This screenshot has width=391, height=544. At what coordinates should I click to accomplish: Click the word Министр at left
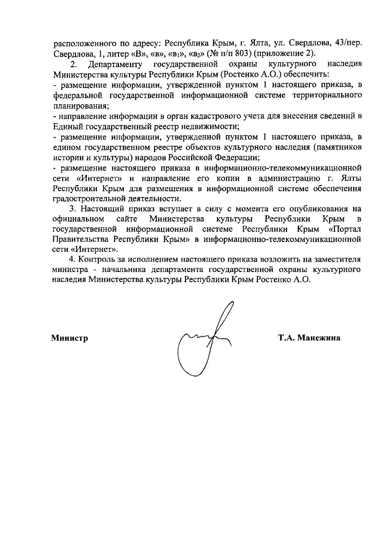click(69, 338)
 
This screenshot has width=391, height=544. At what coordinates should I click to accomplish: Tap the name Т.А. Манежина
click(309, 338)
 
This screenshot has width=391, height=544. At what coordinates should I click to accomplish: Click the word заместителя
click(338, 260)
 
